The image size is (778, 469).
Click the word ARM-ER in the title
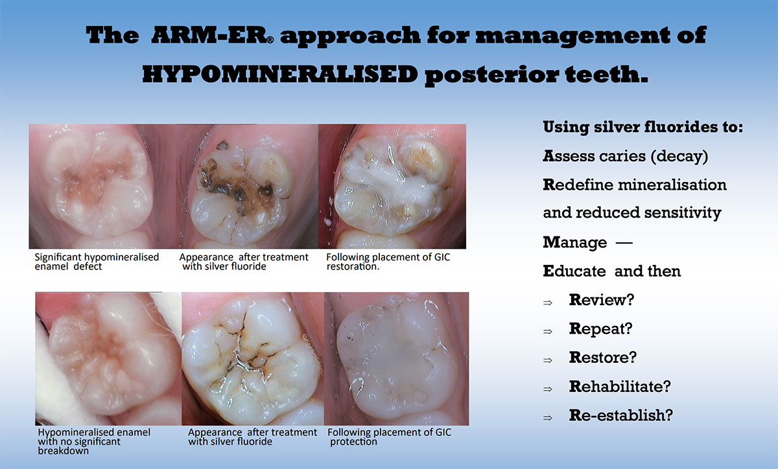[x=209, y=36]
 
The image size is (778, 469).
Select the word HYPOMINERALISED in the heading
[x=280, y=74]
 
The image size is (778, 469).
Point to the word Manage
[x=575, y=243]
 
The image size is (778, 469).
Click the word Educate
[x=574, y=271]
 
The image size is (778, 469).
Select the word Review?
[x=602, y=300]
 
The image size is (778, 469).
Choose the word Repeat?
[x=600, y=329]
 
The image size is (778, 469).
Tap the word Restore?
[x=602, y=358]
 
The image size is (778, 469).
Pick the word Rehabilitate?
[x=620, y=386]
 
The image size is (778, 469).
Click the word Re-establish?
[x=620, y=415]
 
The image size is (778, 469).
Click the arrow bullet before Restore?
[x=548, y=360]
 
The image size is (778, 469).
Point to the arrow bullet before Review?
[x=548, y=303]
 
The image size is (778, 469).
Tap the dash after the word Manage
[x=624, y=242]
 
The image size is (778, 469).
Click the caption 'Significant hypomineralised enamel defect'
[x=97, y=262]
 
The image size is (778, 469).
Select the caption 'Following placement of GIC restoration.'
[x=388, y=262]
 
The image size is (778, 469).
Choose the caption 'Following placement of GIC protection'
[x=390, y=437]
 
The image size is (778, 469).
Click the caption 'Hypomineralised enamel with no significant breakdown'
[x=94, y=441]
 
